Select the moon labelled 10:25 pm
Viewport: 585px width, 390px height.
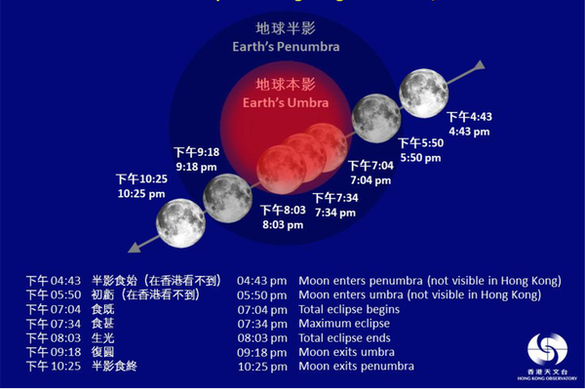click(x=179, y=222)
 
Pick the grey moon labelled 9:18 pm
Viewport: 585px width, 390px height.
click(x=228, y=198)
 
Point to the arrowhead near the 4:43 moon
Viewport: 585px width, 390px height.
click(x=479, y=66)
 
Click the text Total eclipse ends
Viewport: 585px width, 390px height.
click(x=347, y=337)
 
